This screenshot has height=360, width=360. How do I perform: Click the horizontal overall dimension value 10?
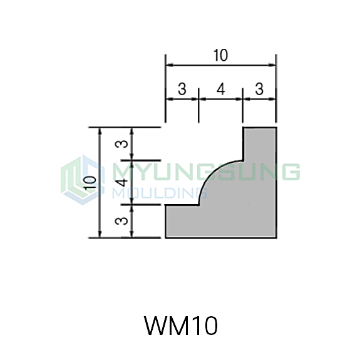tap(220, 55)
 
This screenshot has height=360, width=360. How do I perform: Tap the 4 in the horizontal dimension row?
tap(221, 89)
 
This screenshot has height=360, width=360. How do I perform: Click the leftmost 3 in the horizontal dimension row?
tap(182, 89)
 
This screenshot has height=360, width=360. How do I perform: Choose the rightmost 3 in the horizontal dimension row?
tap(259, 89)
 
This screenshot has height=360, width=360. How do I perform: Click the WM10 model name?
tap(180, 326)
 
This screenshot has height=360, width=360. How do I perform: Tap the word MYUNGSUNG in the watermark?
tap(206, 172)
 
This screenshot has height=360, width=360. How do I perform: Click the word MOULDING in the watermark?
tap(160, 192)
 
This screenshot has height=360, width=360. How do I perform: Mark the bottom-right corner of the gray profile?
tap(277, 238)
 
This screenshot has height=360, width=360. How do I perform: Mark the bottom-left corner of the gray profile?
tap(165, 238)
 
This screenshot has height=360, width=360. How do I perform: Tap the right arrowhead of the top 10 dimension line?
tap(272, 65)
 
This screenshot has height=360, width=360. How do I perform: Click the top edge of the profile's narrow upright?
tap(260, 127)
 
